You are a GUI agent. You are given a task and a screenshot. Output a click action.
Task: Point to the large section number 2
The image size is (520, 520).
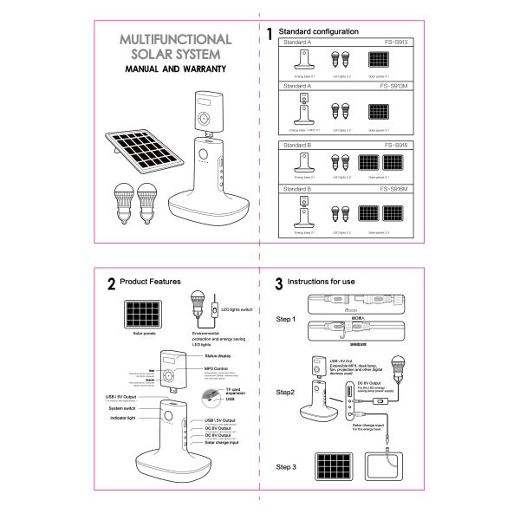click(112, 283)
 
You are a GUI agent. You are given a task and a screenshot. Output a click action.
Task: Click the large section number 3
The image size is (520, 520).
click(278, 283)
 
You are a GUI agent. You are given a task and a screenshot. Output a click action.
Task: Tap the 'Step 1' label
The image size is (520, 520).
click(286, 320)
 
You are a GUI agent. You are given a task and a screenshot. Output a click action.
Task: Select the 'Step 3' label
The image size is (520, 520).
click(286, 468)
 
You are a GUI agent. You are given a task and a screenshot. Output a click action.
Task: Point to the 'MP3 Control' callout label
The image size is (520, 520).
click(220, 369)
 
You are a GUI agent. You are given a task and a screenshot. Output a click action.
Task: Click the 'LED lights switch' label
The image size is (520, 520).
click(237, 309)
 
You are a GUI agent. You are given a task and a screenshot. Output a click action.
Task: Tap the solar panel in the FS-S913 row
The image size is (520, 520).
click(379, 61)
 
